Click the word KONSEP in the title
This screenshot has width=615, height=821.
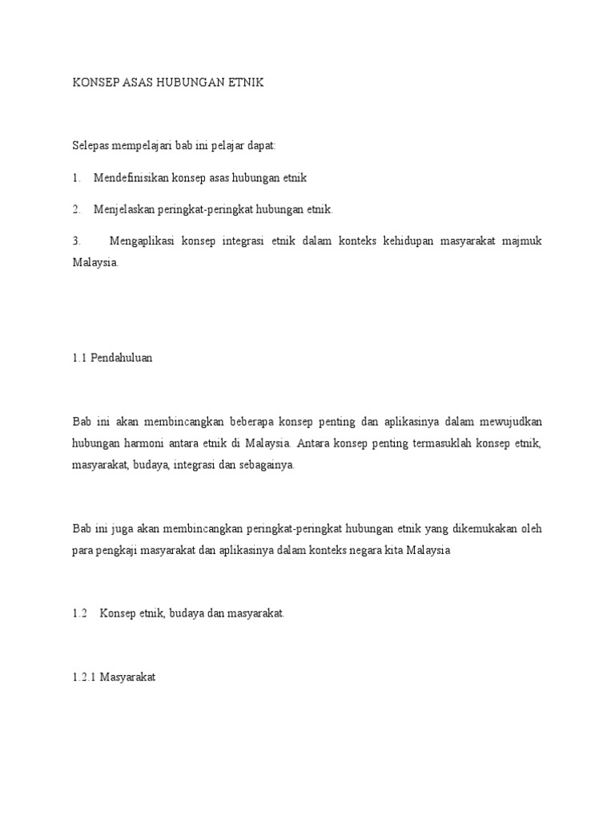94,83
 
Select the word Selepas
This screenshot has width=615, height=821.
91,145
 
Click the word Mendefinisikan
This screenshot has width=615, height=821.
133,177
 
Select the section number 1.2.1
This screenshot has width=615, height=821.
84,677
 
